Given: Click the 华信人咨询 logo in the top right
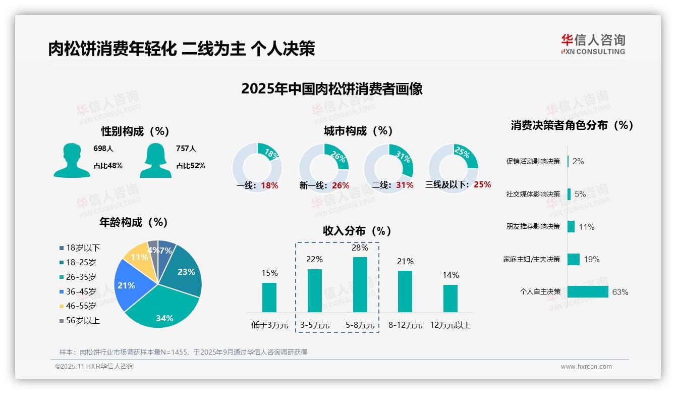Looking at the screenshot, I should [x=593, y=44].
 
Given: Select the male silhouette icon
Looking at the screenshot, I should [x=72, y=160].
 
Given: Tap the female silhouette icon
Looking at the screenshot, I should [x=155, y=160].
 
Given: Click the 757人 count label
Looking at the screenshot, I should [x=186, y=149].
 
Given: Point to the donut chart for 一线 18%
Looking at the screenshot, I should [x=257, y=167].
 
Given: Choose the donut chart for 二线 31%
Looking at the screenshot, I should [x=388, y=167].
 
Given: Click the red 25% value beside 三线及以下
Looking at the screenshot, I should [x=482, y=184].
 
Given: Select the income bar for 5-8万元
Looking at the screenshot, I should [x=360, y=284].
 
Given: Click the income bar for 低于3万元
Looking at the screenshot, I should [x=269, y=297].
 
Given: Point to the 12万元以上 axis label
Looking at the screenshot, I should [x=450, y=325].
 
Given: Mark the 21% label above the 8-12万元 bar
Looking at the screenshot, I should [x=405, y=261].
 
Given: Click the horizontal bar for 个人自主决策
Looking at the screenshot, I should [x=588, y=292].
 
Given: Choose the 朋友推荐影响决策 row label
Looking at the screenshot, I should [x=533, y=227].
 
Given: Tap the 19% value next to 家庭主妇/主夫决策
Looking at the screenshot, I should [x=591, y=260].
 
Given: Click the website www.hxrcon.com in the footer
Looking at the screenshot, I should [x=586, y=367].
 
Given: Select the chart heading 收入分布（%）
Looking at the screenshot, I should [x=357, y=231].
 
